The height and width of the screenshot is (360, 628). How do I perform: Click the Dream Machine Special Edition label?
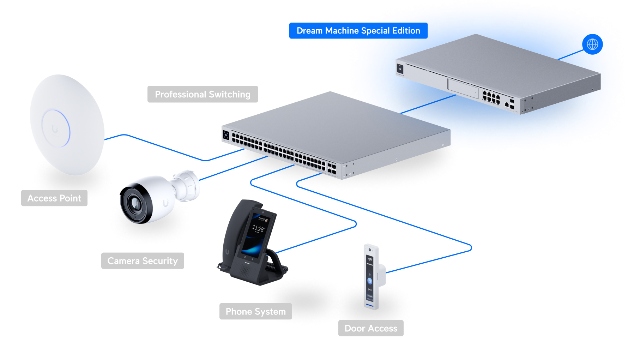(358, 31)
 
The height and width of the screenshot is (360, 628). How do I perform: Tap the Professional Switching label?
(203, 94)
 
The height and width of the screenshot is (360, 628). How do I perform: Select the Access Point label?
(54, 198)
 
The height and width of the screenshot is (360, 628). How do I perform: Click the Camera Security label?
(143, 261)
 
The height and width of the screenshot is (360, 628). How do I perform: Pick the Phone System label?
(255, 311)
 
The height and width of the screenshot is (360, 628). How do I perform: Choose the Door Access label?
(371, 328)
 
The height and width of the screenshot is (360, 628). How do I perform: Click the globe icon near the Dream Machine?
(592, 44)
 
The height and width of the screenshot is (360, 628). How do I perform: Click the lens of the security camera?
(135, 204)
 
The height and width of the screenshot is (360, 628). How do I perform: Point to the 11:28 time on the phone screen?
(258, 229)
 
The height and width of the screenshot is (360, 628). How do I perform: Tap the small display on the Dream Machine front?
(400, 68)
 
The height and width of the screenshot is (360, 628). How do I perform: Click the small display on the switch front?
(226, 135)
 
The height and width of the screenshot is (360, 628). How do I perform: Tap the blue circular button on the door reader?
(370, 281)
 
